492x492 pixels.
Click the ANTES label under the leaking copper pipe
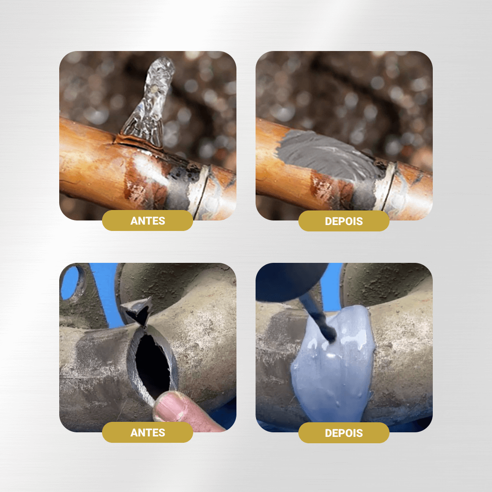tap(148, 221)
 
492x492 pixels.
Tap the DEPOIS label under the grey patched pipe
tap(344, 221)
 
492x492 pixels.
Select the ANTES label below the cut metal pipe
tap(148, 432)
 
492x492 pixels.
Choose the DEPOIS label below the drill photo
tap(344, 432)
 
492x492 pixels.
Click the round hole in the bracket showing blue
tap(71, 282)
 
